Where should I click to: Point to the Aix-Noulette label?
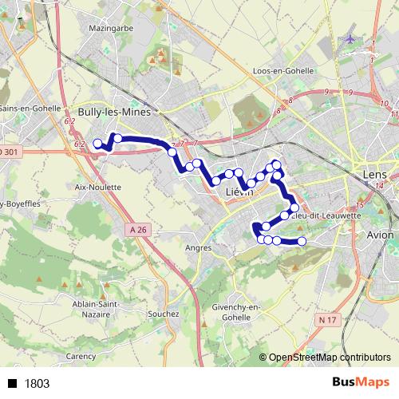coord(97,187)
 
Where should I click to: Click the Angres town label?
coord(198,247)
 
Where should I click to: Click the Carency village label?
coord(81,356)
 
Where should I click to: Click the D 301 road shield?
coord(9,152)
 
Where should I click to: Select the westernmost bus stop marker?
coord(98,144)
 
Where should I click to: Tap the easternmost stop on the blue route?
coord(302,241)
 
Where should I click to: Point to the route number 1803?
coord(37,383)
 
